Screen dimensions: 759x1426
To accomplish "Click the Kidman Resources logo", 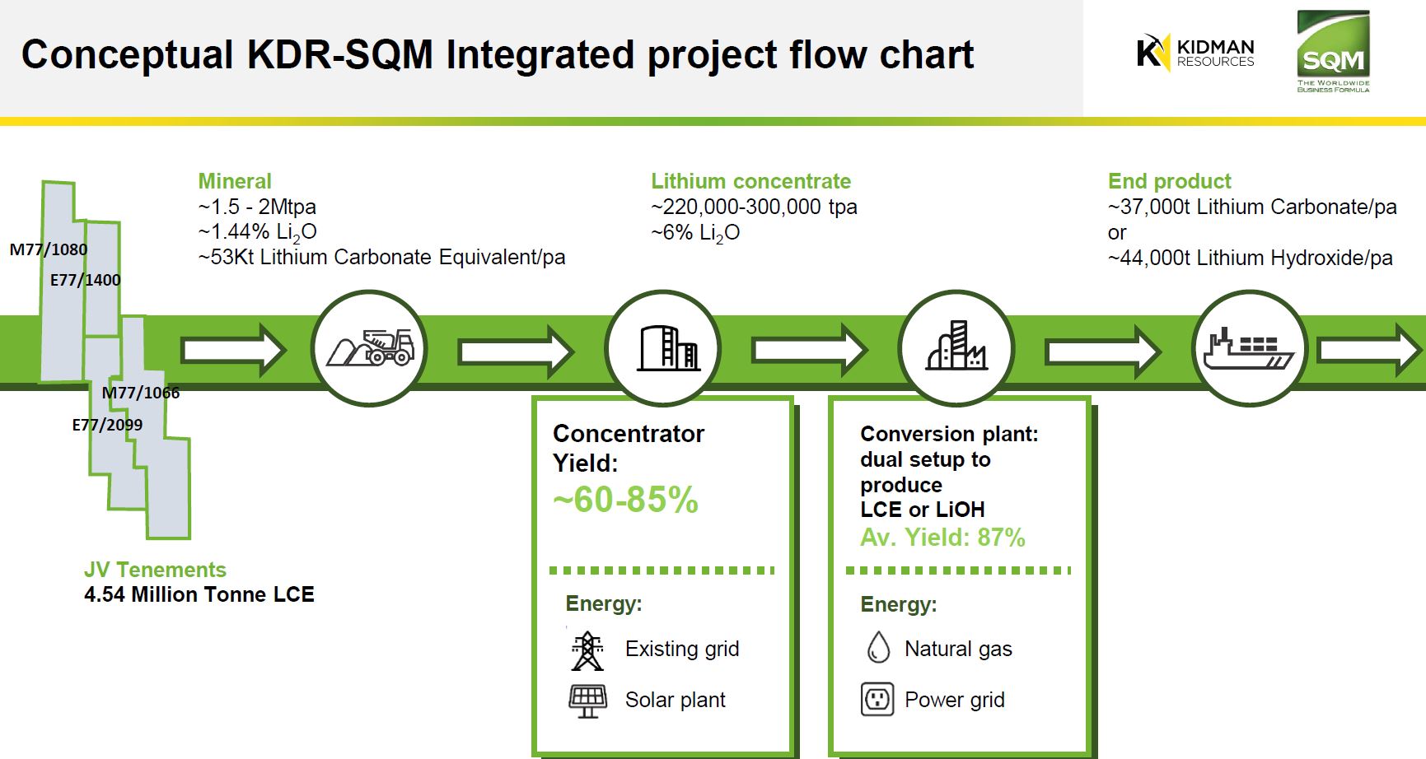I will (x=1195, y=52).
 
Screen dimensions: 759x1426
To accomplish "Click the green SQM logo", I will (x=1332, y=51).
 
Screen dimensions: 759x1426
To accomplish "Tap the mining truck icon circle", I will (x=369, y=348).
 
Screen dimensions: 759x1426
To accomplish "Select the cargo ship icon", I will (x=1249, y=348).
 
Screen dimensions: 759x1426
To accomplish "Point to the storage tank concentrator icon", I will (x=663, y=347).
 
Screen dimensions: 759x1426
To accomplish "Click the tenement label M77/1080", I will (x=49, y=249).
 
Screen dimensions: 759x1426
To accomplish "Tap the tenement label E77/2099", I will (x=107, y=425).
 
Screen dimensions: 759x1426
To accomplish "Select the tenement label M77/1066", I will (x=141, y=393).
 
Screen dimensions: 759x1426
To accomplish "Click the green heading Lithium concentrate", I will (x=750, y=181).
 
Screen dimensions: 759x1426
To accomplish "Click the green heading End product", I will (x=1169, y=181).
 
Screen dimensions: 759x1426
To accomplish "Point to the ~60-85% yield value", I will (x=625, y=500).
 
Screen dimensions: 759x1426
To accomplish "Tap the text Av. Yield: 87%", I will (x=942, y=538).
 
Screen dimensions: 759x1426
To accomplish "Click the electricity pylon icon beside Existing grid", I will (x=587, y=650).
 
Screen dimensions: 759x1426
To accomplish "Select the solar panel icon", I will (x=587, y=701).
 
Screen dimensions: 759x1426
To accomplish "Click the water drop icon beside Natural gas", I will (x=878, y=648).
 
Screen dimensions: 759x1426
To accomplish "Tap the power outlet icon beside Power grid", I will (x=877, y=700).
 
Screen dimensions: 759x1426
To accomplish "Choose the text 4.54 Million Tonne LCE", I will (x=199, y=594).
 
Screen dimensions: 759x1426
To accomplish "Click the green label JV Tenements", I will (x=155, y=570).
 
